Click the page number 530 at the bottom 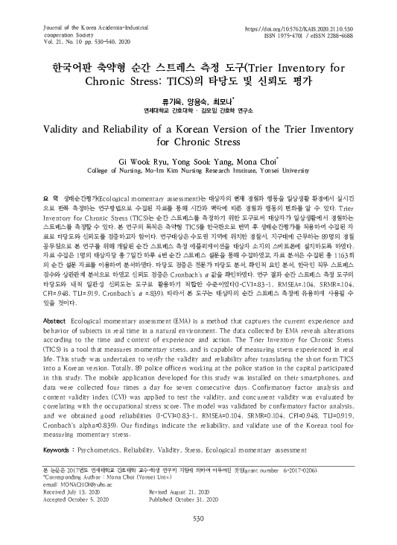(x=198, y=519)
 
